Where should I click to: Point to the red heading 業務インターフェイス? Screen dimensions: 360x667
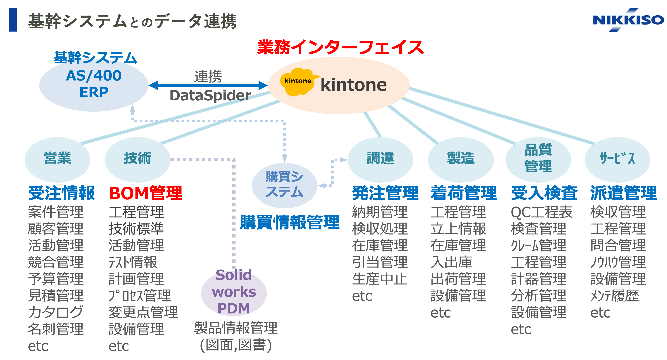pos(340,47)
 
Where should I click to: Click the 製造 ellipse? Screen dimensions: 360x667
pos(460,159)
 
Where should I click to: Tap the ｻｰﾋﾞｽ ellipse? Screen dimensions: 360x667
pos(617,159)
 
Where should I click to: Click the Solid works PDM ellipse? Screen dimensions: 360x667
pos(234,292)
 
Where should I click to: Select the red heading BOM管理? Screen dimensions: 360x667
pos(146,193)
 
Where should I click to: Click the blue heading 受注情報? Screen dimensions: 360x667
pos(61,193)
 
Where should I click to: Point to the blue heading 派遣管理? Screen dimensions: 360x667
pos(623,193)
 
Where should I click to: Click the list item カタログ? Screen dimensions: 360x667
pos(56,312)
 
